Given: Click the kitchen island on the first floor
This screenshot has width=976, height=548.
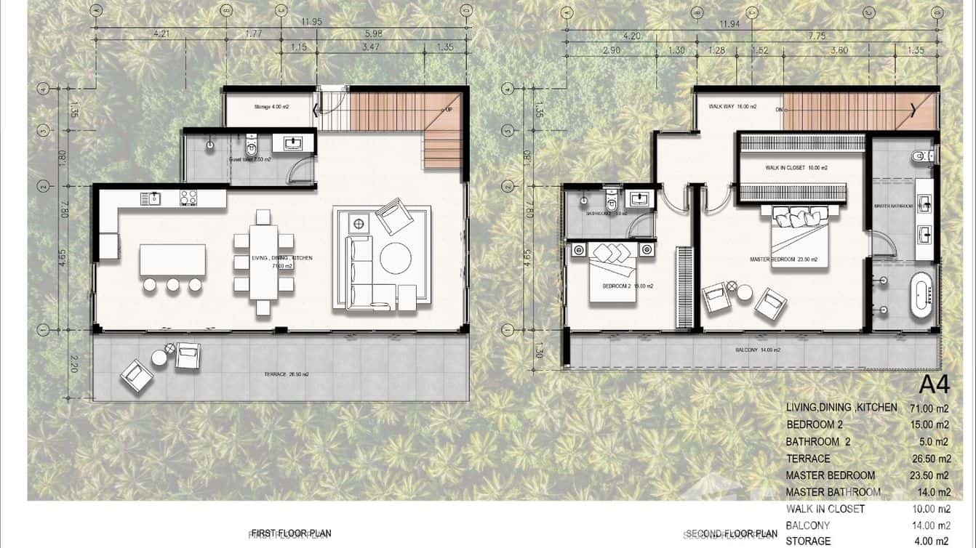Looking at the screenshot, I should click(x=172, y=259).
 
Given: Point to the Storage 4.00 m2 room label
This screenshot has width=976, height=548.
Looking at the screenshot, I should click(x=271, y=107).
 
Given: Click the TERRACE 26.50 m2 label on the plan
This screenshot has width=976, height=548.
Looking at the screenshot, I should click(x=287, y=374).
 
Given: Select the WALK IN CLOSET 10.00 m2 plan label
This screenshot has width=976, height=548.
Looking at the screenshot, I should click(x=796, y=168).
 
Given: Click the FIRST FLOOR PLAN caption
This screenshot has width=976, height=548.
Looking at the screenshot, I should click(x=290, y=533).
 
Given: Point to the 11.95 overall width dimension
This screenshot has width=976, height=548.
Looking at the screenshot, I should click(x=281, y=22).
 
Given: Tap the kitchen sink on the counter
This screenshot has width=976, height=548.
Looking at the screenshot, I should click(x=155, y=197).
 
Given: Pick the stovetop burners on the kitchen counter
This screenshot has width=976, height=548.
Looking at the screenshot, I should click(x=188, y=197).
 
